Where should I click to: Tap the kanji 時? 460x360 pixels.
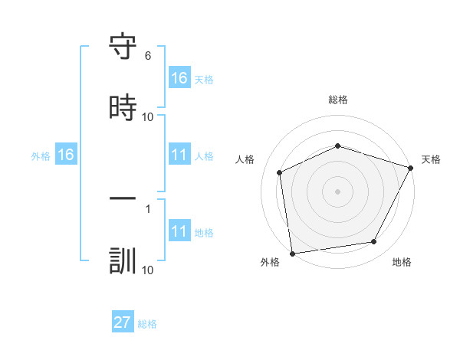pos(123,108)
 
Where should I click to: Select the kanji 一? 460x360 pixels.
pos(123,200)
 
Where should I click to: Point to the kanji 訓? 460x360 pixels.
pos(123,260)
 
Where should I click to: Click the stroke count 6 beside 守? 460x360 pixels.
pos(148,56)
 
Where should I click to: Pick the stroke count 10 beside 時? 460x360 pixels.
pos(148,116)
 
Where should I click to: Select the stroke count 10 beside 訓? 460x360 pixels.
pos(148,270)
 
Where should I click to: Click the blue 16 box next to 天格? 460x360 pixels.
pos(179,78)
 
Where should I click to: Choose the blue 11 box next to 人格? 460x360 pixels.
pos(179,155)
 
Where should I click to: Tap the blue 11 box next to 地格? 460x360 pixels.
pos(179,231)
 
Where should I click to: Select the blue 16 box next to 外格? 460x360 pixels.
pos(66,155)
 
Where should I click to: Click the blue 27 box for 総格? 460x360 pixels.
pos(123,322)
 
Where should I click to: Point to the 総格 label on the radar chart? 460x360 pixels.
pos(338,100)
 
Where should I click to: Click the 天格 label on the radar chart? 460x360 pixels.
pos(432,159)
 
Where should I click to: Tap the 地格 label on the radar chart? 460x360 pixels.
pos(402,263)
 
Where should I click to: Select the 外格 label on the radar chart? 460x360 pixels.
pos(270,263)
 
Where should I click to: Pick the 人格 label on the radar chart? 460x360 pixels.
pos(245,159)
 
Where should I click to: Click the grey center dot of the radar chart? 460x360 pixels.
pos(338,191)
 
